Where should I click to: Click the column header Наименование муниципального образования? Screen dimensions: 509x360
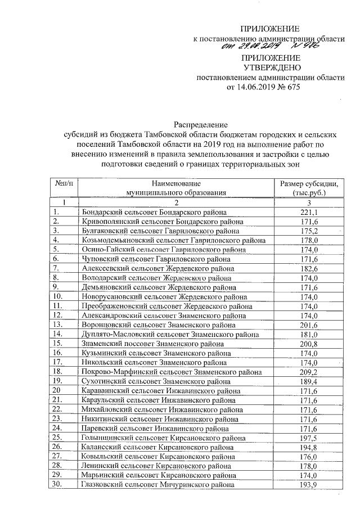click(x=175, y=188)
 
